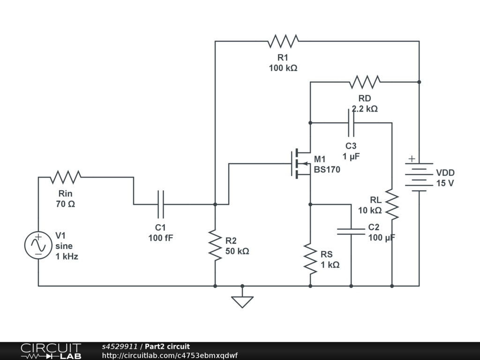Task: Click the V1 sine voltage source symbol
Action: coord(38,245)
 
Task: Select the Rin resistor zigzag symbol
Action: coord(66,177)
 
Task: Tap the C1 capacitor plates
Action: coord(161,204)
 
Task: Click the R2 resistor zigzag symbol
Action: coord(215,245)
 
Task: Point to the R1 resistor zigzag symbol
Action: coord(283,41)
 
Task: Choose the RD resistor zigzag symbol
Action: coord(364,82)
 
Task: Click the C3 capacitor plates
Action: coord(351,123)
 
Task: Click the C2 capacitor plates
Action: coord(351,231)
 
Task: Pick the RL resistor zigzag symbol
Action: coord(392,204)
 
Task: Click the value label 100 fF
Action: coord(161,238)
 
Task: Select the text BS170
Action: coord(327,169)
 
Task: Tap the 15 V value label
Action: coord(445,183)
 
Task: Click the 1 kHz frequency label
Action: coord(67,256)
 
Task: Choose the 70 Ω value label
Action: coord(65,204)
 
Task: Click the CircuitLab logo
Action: coord(51,351)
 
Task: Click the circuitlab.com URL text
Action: coord(170,355)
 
